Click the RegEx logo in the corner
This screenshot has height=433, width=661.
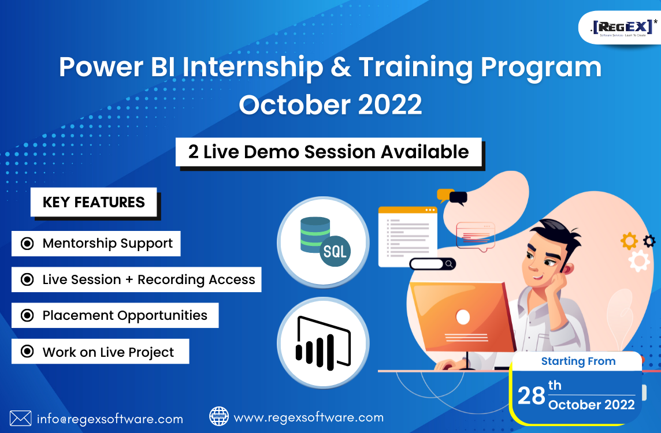pyautogui.click(x=623, y=28)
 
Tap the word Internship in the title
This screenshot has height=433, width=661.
pyautogui.click(x=252, y=68)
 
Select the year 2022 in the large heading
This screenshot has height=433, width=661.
pyautogui.click(x=390, y=104)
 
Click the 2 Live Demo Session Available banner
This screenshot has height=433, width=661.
pyautogui.click(x=328, y=152)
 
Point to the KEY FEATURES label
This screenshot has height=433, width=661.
pyautogui.click(x=94, y=202)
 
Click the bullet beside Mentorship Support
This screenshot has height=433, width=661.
pyautogui.click(x=27, y=244)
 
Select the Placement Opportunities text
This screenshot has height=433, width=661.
pyautogui.click(x=125, y=315)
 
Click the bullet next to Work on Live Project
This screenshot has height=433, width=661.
pyautogui.click(x=27, y=351)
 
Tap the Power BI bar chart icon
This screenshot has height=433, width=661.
pyautogui.click(x=324, y=343)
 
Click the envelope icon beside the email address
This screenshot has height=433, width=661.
pyautogui.click(x=20, y=418)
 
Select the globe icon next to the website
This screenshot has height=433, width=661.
pyautogui.click(x=219, y=417)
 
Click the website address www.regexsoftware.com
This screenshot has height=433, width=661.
pyautogui.click(x=309, y=417)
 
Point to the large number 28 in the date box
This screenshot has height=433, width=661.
pyautogui.click(x=531, y=396)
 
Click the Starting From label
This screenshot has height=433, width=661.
pyautogui.click(x=578, y=361)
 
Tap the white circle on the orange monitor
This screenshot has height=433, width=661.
pyautogui.click(x=463, y=317)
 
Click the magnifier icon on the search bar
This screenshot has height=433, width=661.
pyautogui.click(x=450, y=264)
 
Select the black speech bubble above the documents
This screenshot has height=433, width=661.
pyautogui.click(x=458, y=197)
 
